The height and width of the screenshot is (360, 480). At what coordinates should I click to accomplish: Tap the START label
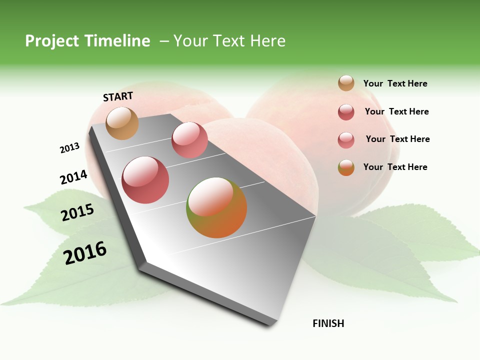(118, 96)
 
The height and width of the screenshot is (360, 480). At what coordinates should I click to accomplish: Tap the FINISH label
(328, 323)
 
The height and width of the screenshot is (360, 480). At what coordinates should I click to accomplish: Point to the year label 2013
(69, 148)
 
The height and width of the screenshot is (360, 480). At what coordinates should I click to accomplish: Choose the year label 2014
(73, 177)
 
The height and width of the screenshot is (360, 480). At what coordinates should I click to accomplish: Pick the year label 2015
(77, 212)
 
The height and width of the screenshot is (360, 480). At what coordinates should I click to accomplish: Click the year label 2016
(85, 253)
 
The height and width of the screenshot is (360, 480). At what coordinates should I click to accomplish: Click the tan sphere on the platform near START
(122, 123)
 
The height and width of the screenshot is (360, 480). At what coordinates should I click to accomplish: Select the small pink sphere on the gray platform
(189, 140)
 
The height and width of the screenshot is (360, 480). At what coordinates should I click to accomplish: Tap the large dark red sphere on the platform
(145, 180)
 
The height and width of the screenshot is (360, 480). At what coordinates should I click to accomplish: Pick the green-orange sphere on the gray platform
(216, 207)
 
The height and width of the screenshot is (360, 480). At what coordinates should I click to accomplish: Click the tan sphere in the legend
(346, 83)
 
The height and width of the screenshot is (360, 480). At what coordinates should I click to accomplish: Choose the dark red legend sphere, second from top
(346, 112)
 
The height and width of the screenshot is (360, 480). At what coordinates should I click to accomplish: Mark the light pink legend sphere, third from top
(346, 140)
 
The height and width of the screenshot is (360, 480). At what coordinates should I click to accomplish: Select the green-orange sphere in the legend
(346, 167)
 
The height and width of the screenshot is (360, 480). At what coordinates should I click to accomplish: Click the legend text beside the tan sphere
(395, 84)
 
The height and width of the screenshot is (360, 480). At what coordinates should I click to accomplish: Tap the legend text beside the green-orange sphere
(395, 167)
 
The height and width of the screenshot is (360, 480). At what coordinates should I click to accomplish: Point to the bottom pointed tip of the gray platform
(272, 322)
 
